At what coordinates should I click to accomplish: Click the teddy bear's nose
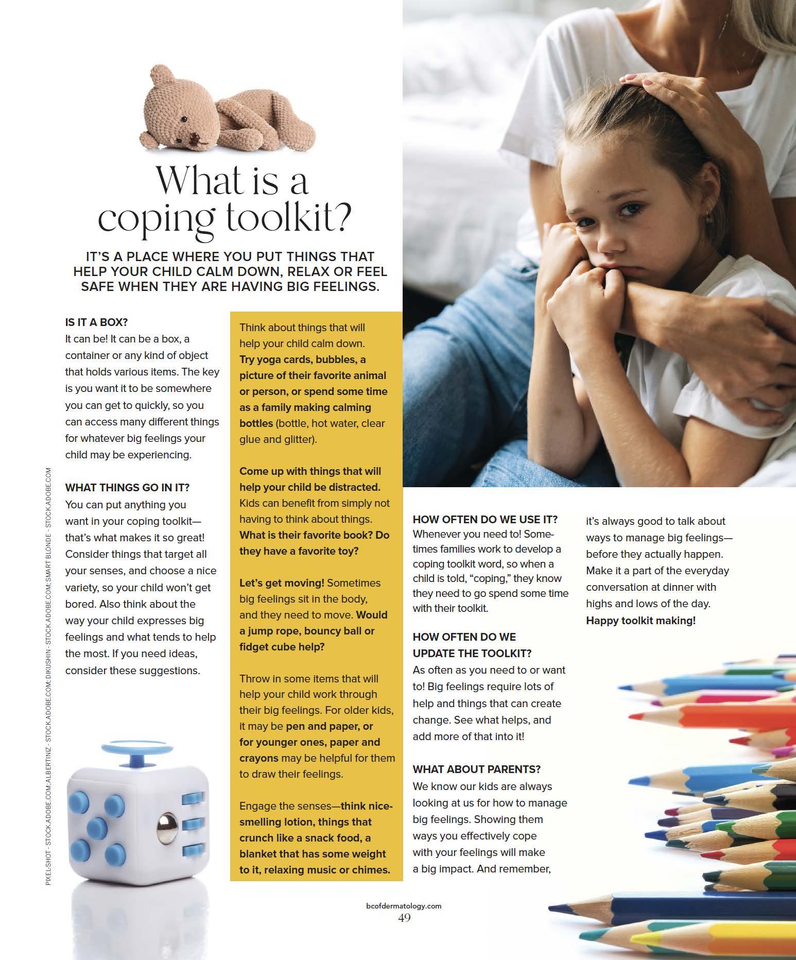coord(194,137)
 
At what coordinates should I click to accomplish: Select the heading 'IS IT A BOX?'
coord(96,322)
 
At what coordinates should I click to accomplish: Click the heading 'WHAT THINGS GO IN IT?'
coord(127,488)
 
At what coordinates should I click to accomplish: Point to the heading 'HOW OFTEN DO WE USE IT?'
coord(485,519)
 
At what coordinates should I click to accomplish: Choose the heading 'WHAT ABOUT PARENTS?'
coord(476,769)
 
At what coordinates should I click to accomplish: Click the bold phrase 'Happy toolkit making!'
coord(641,621)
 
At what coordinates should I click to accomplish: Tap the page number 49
coord(404,918)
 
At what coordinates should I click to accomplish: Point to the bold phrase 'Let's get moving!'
coord(282,583)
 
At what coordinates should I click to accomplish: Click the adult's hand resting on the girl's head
coord(644,85)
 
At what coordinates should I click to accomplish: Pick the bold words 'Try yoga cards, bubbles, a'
coord(302,359)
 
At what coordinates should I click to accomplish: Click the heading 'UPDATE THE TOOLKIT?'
coord(472,654)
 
